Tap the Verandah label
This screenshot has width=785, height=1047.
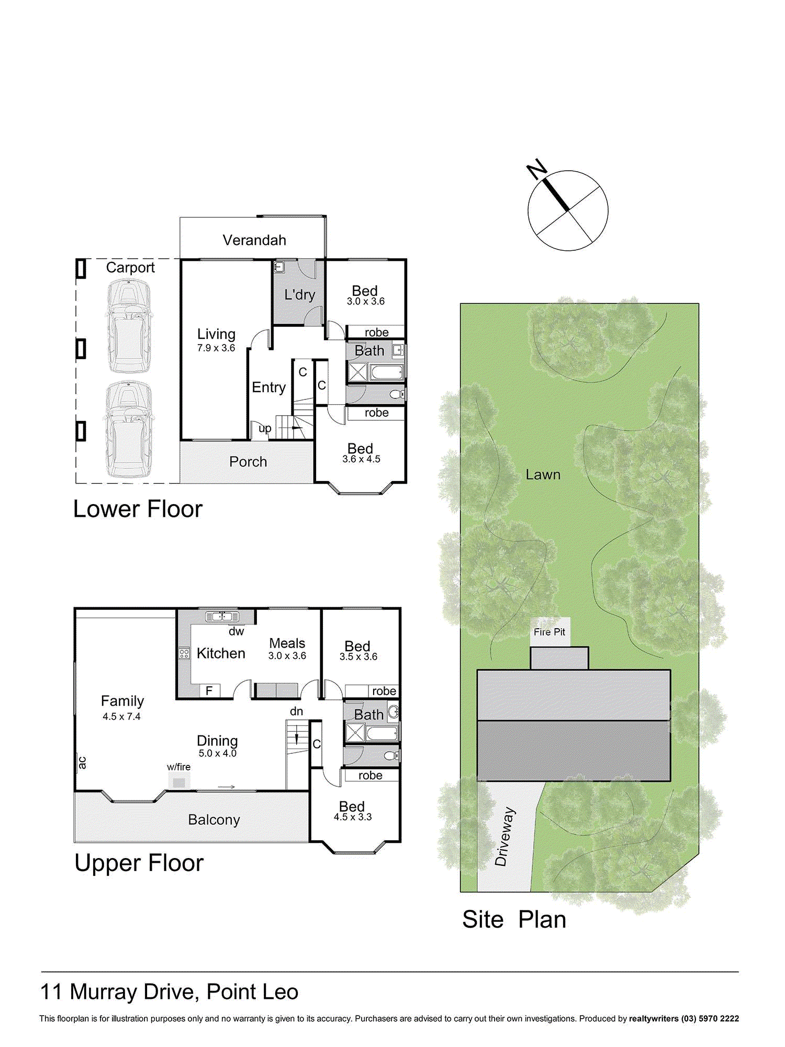[254, 240]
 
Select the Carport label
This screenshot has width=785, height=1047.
[130, 268]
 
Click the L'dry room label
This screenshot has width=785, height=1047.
[300, 294]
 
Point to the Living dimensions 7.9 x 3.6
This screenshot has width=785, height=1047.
[216, 348]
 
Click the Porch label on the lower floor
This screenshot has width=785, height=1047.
[248, 462]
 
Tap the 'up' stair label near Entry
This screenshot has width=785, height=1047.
[265, 429]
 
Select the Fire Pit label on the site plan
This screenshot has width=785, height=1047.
[549, 632]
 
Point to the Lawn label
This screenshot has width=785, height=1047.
[543, 475]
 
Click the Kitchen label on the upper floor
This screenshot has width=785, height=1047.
[221, 653]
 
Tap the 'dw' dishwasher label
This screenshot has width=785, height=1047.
[237, 631]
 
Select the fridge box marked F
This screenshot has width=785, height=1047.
[209, 691]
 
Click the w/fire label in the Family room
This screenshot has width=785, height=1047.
[179, 767]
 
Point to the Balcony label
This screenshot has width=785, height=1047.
[214, 820]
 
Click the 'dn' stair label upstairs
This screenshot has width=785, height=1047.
[296, 711]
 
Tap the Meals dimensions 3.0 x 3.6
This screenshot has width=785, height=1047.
[287, 656]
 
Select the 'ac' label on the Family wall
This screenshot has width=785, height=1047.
[82, 763]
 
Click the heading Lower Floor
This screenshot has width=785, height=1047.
[138, 509]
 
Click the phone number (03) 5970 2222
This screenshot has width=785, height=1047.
[710, 1018]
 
